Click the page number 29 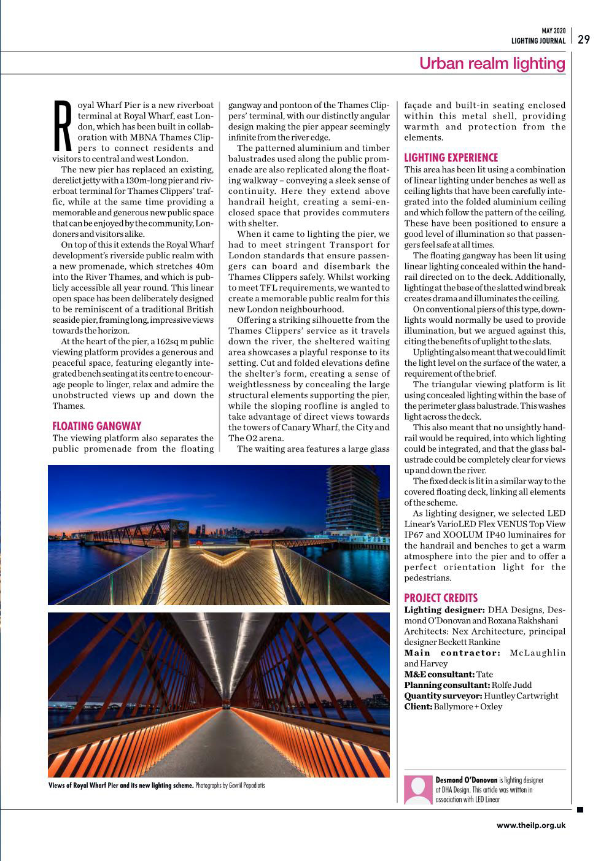[584, 39]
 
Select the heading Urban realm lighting [492, 63]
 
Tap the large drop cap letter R [64, 125]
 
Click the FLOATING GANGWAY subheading [97, 426]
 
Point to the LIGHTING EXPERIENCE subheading [451, 158]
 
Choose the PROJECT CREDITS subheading [440, 598]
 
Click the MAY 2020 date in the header [553, 31]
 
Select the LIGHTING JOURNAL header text [538, 41]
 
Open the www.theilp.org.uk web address [530, 825]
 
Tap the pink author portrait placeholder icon [418, 790]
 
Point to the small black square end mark [580, 809]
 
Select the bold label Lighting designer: [444, 609]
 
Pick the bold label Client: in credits [417, 706]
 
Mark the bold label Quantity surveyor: [443, 696]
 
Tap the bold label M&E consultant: [439, 674]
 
